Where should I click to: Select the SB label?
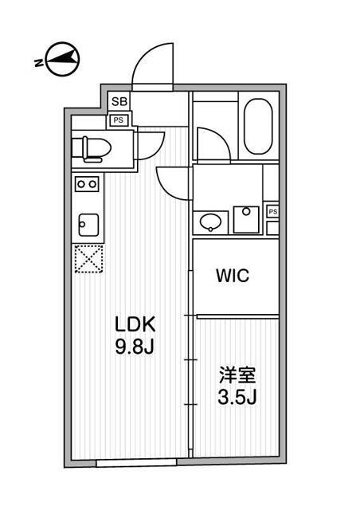[x=119, y=101]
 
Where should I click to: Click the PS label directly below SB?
[x=119, y=120]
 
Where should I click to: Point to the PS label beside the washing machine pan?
[x=272, y=211]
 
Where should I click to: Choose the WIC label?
[x=233, y=277]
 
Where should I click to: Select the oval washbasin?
[x=210, y=221]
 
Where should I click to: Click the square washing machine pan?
[x=248, y=218]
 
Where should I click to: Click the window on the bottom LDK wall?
[x=136, y=461]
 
